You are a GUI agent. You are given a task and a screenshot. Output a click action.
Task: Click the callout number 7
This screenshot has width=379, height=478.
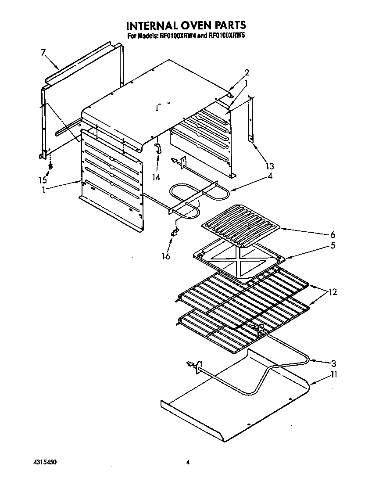(x=43, y=53)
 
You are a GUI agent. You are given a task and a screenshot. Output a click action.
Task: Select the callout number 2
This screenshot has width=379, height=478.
(x=247, y=72)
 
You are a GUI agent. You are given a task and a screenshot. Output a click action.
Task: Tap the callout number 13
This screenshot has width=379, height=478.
(x=269, y=166)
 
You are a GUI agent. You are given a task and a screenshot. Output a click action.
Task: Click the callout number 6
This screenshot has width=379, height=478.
(x=333, y=234)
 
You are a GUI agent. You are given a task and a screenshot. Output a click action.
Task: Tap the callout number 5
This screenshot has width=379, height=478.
(x=333, y=245)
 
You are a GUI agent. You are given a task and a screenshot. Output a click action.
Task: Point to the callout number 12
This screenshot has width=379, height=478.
(x=333, y=292)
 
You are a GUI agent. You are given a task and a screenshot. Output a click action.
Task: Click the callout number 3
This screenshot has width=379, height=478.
(x=334, y=363)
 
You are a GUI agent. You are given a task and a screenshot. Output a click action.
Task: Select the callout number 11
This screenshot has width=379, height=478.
(x=334, y=375)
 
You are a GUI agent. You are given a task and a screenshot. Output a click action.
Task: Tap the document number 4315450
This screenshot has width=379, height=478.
(x=45, y=462)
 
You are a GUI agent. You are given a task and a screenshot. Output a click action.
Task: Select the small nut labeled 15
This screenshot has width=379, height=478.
(x=50, y=167)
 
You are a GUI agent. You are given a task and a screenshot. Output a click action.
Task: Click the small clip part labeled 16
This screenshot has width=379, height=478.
(x=175, y=232)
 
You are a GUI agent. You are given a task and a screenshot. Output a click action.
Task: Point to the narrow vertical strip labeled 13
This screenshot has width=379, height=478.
(x=251, y=119)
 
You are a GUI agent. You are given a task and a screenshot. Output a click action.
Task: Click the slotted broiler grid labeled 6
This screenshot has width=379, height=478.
(x=239, y=224)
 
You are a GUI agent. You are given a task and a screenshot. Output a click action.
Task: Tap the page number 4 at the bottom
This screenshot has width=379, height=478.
(x=187, y=462)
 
